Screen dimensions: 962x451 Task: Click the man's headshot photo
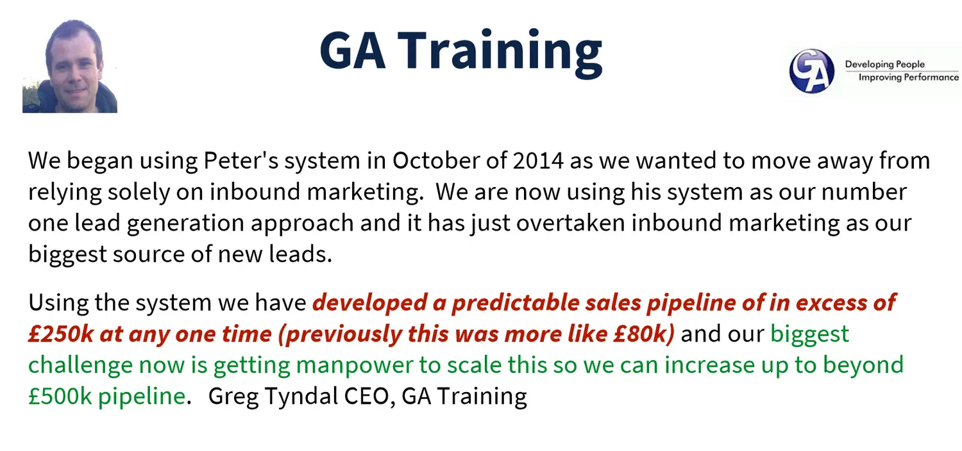[69, 66]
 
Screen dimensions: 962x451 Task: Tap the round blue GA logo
[811, 71]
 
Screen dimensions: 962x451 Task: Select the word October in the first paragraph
[436, 161]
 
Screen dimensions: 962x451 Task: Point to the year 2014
[537, 161]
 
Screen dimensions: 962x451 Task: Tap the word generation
[185, 223]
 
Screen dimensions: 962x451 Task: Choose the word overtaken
[570, 223]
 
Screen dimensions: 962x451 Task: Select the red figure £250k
[60, 334]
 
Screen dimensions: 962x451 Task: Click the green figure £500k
[60, 396]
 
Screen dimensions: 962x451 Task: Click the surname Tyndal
[301, 396]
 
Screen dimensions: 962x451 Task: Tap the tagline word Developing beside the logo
[866, 65]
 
